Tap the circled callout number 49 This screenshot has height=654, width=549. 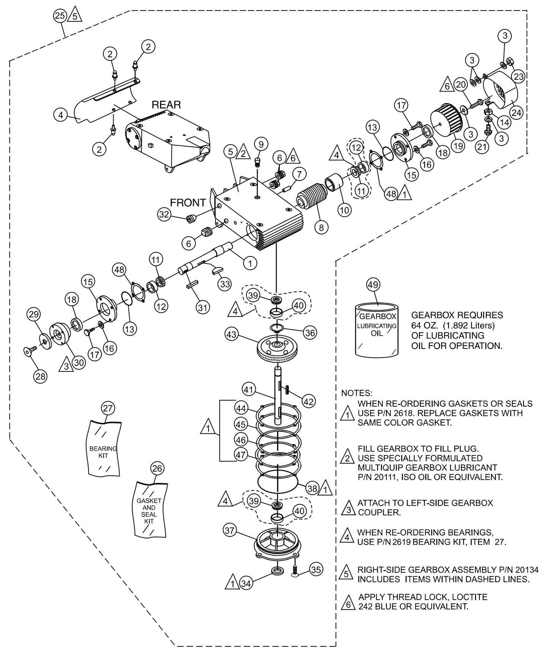(x=373, y=284)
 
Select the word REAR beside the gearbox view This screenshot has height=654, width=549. (x=166, y=105)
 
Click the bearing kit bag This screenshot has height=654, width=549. (x=104, y=448)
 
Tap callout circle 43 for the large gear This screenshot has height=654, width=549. (x=231, y=335)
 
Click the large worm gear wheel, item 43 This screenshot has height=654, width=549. (x=278, y=347)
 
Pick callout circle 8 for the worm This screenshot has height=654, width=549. (x=321, y=227)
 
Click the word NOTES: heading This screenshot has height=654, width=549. (x=357, y=393)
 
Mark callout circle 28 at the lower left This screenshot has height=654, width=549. (x=41, y=376)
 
